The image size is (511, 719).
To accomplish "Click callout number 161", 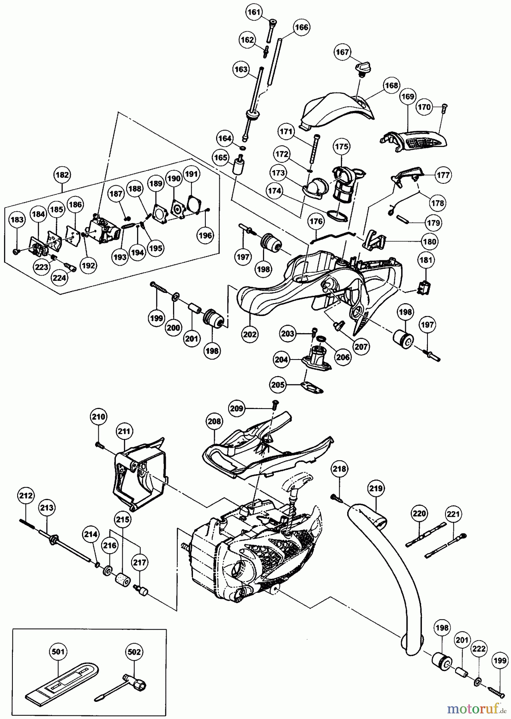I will (x=253, y=12).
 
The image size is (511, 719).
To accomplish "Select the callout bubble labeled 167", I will (x=343, y=52).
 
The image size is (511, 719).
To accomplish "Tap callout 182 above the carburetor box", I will (x=62, y=175).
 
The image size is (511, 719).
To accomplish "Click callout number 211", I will (x=125, y=431).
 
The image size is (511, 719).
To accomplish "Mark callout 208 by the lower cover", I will (x=214, y=421).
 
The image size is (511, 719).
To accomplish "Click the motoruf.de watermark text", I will (x=475, y=709).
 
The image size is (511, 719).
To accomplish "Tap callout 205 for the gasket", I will (x=278, y=384).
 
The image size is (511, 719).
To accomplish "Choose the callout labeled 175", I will (x=342, y=147).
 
